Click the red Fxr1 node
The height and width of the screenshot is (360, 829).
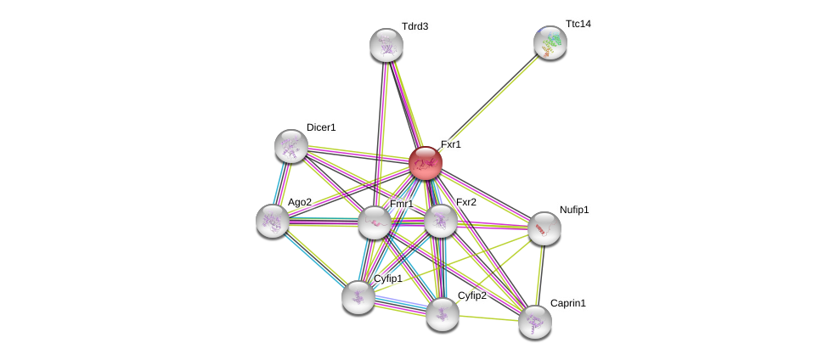[426, 163]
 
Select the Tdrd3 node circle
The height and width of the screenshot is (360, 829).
[386, 45]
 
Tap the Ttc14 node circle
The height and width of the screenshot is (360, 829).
[550, 42]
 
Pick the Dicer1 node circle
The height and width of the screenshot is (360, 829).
[291, 146]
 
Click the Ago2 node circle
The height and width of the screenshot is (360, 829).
[273, 221]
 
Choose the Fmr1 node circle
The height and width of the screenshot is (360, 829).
[375, 222]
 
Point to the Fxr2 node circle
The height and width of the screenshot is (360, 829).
[441, 221]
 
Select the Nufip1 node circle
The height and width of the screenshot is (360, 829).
[544, 228]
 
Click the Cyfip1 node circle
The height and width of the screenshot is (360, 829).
[358, 297]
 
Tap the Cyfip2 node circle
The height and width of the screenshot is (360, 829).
[443, 314]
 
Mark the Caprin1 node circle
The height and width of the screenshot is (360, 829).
[535, 322]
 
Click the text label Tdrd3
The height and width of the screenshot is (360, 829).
[414, 26]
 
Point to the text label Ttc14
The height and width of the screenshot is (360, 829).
[578, 24]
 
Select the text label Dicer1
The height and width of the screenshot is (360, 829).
[321, 127]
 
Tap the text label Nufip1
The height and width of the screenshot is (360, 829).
[574, 210]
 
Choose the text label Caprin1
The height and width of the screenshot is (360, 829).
[567, 303]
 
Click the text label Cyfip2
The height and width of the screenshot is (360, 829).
[471, 295]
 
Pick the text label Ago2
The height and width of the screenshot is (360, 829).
[300, 202]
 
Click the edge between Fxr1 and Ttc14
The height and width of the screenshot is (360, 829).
[488, 103]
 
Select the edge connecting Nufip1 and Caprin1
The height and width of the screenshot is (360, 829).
[540, 275]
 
